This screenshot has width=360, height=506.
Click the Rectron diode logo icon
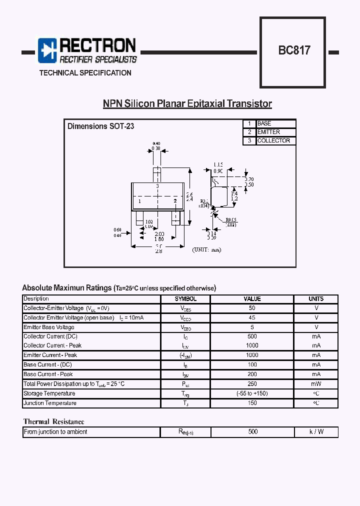pos(48,50)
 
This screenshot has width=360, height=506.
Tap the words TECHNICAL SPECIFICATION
pos(85,73)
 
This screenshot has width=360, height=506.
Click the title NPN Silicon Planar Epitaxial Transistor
pos(187,104)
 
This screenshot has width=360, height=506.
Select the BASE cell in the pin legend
pos(275,123)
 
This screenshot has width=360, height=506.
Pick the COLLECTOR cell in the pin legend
pos(275,141)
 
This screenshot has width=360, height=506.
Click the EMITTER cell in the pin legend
pos(275,132)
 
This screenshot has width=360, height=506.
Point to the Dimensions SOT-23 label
pos(100,126)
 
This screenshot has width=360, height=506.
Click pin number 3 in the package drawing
pos(157,186)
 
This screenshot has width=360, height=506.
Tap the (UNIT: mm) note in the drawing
pos(206,249)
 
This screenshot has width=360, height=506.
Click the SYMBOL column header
pos(185,299)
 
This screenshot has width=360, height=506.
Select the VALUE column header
pos(252,299)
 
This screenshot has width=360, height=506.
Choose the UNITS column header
pos(316,299)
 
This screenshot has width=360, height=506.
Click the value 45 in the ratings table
pos(252,318)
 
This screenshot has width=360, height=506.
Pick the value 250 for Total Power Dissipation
pos(252,384)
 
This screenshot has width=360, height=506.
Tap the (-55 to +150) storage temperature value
pos(252,393)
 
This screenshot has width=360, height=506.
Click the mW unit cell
pos(316,384)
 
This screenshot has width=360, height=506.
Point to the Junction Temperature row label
pos(50,403)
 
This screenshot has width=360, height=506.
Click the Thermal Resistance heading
pos(53,422)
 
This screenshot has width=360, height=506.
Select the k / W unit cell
pos(316,432)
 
